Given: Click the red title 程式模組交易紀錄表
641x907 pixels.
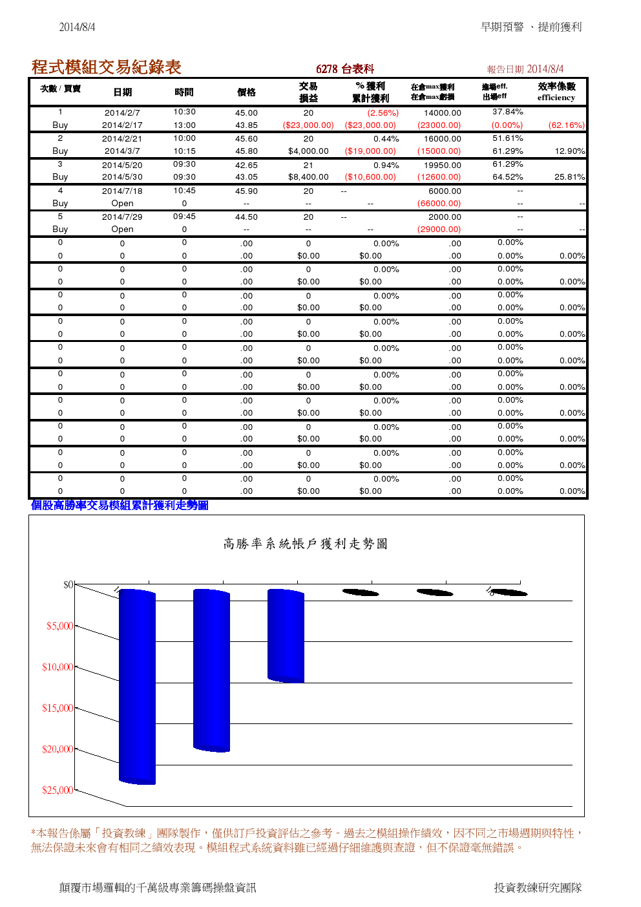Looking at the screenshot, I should (x=106, y=67).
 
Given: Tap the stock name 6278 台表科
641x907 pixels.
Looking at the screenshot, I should (x=345, y=69).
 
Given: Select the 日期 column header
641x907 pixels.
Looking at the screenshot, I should (x=122, y=92).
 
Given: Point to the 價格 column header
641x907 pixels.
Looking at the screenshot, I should (x=246, y=92).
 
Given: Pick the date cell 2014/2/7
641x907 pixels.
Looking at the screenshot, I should (x=122, y=112).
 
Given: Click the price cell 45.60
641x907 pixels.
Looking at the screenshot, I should (x=246, y=139).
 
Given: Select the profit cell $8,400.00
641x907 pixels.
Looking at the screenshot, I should (x=308, y=177).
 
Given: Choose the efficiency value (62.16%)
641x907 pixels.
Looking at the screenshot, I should (x=566, y=125).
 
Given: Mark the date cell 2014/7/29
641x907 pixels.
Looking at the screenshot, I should (x=122, y=217).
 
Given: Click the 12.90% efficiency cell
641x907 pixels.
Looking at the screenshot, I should (x=569, y=151).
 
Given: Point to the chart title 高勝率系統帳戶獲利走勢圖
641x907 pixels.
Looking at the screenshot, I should (x=305, y=544).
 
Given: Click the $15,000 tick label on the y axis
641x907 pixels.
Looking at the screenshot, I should (x=58, y=709).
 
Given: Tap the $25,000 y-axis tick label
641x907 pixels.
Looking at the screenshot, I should (x=58, y=791).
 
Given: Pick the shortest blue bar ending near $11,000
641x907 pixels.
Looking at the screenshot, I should (x=286, y=635).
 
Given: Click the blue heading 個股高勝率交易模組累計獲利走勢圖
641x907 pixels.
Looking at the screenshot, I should (x=120, y=506).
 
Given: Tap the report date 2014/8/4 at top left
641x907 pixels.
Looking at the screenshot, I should (x=77, y=27).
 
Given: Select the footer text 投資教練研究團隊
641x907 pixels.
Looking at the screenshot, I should (x=538, y=888).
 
